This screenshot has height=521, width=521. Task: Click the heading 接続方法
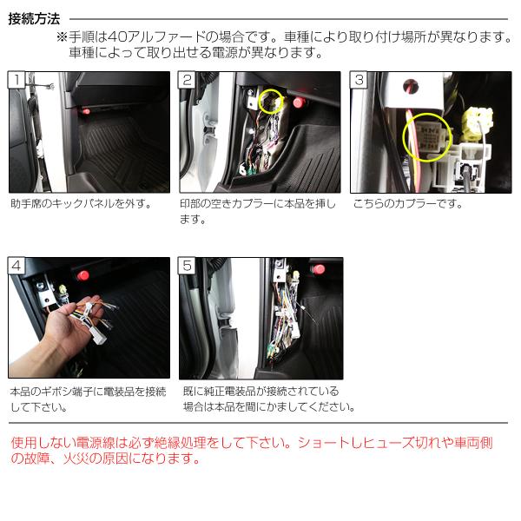[34, 19]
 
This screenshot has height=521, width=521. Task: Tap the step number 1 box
[16, 80]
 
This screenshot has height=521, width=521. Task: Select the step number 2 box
[187, 80]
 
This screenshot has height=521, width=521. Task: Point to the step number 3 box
[359, 80]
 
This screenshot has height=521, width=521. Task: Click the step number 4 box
[16, 266]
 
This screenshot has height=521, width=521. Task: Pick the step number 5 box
[187, 266]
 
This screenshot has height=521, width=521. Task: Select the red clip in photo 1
[86, 111]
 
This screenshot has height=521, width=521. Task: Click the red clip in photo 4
[83, 275]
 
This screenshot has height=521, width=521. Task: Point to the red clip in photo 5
[319, 269]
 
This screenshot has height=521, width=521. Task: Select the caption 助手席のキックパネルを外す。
[82, 203]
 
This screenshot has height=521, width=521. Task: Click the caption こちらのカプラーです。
[408, 203]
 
